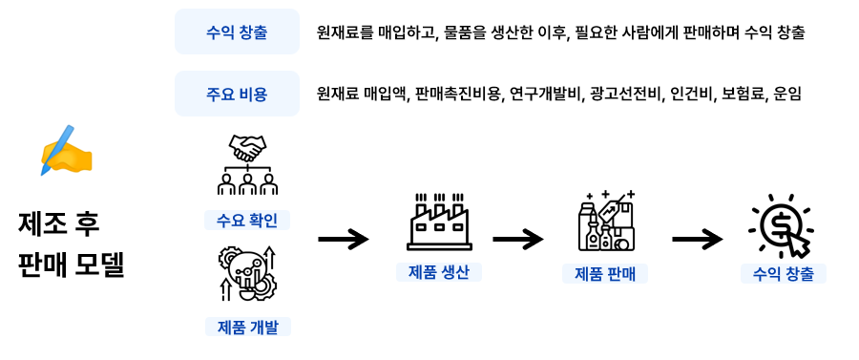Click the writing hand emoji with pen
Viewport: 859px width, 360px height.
click(x=66, y=150)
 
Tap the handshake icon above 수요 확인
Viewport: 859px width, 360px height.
click(x=247, y=164)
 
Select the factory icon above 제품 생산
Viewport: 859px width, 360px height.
click(x=439, y=222)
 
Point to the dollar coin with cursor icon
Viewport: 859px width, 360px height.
click(x=781, y=225)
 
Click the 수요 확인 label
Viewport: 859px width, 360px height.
click(x=247, y=221)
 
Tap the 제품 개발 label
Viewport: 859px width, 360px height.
click(x=247, y=328)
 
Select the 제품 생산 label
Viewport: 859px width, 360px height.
click(x=439, y=272)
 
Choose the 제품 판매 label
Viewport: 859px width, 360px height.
click(x=605, y=274)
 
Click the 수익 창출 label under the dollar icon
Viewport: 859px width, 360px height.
click(x=784, y=274)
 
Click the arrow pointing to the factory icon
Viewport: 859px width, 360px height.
click(x=344, y=240)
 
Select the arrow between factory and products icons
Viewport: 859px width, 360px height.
click(x=517, y=240)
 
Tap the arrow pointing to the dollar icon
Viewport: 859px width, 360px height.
click(x=698, y=240)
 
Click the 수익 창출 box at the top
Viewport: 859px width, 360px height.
click(x=238, y=32)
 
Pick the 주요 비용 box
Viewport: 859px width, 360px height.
click(x=238, y=94)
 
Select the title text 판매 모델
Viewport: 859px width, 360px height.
click(x=72, y=265)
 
